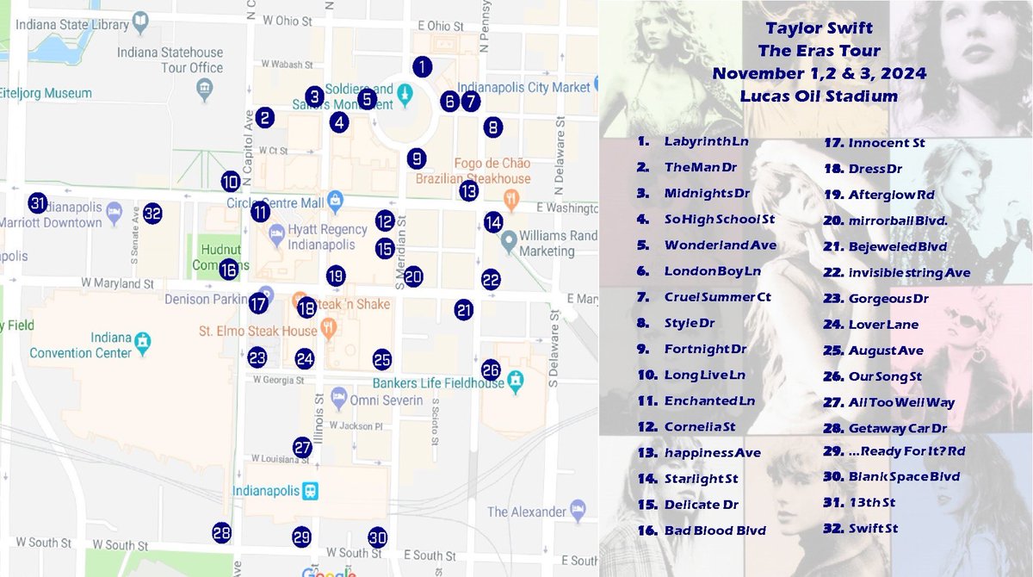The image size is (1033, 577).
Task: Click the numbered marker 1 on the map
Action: [422, 65]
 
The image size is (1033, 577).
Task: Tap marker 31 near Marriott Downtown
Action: [37, 203]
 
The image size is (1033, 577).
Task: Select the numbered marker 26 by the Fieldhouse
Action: [491, 369]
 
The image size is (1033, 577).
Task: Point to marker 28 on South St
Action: [222, 532]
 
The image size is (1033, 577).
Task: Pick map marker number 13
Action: [468, 190]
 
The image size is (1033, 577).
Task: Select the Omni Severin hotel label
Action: [387, 400]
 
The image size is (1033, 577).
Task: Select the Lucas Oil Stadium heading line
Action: [818, 96]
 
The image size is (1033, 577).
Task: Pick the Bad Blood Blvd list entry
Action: [714, 530]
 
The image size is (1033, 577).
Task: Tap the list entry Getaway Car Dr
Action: [897, 428]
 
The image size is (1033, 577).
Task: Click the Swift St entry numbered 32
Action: [872, 528]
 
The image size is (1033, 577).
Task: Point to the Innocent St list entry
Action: [886, 142]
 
